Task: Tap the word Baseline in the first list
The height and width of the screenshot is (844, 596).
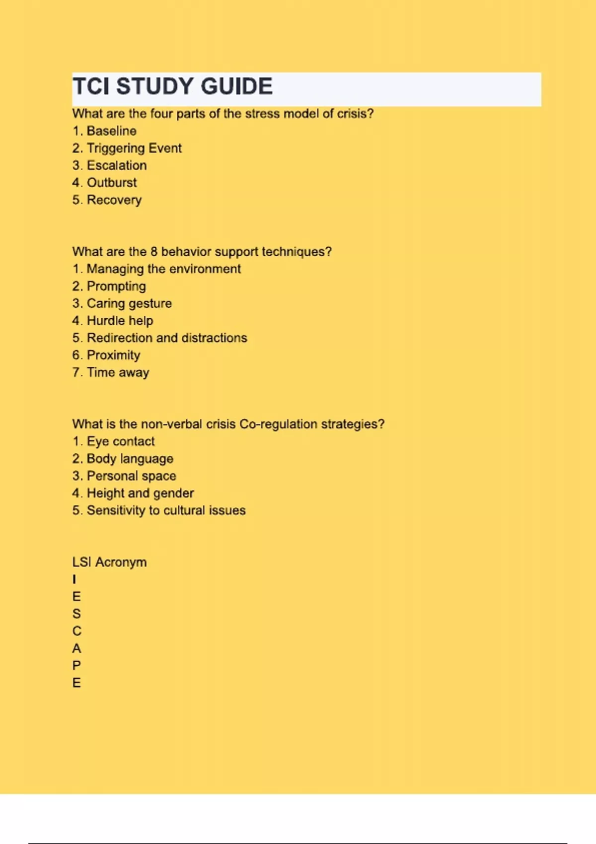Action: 111,131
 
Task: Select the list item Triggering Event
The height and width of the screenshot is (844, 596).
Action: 134,148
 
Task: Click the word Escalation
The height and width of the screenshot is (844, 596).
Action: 117,165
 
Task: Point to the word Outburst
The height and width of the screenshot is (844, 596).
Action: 112,183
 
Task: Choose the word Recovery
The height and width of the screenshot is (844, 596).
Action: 114,200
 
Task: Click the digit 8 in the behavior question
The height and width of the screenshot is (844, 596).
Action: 154,252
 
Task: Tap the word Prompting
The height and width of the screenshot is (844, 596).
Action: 116,286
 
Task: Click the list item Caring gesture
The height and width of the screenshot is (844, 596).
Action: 129,303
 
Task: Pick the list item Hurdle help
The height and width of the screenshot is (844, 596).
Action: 120,321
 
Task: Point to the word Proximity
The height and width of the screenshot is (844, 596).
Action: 113,355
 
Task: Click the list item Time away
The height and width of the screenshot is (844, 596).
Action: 118,373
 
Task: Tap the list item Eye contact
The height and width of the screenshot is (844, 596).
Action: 121,441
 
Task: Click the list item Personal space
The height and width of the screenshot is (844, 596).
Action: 131,476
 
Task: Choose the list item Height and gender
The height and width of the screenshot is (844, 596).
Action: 140,493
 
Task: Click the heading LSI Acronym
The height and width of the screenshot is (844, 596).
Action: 109,563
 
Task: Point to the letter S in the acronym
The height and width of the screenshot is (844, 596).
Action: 76,614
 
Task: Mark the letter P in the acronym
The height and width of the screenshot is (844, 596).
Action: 76,666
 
